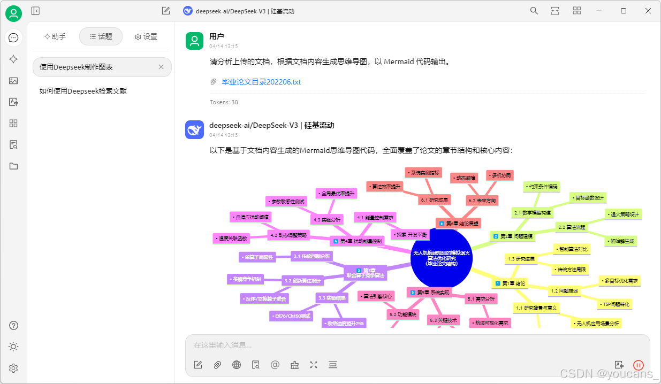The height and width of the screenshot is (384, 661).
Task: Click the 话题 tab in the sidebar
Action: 101,36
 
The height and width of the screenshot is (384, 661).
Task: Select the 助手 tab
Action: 55,36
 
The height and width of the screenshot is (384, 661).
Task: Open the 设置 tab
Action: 146,36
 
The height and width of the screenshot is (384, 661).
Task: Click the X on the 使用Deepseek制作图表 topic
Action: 161,67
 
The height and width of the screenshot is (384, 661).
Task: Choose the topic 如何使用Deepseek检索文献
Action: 83,91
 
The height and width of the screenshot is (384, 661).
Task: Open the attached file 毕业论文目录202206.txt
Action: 261,82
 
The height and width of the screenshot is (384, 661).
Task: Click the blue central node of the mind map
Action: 441,258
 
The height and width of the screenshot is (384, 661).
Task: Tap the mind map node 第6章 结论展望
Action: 459,223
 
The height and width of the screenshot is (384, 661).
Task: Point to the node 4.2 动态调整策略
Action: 289,235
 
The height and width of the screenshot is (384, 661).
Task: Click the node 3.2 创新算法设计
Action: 302,280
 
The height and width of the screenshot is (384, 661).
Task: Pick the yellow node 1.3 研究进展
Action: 521,259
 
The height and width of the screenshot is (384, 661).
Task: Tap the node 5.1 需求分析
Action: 481,298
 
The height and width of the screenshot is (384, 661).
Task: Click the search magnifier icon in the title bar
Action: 534,11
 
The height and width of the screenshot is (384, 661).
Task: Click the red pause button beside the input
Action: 638,365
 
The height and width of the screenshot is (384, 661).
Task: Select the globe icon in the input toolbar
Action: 237,365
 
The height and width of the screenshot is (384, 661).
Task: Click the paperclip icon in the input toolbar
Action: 217,365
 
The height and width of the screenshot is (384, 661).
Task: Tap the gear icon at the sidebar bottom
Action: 13,368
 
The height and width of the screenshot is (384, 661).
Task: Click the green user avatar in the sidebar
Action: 13,13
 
